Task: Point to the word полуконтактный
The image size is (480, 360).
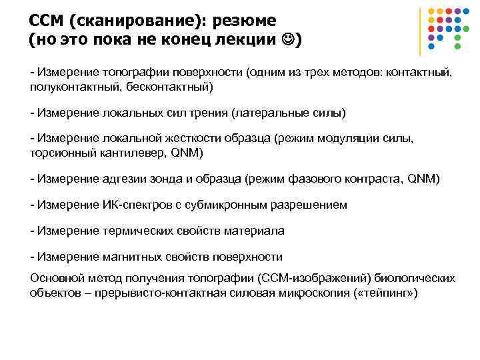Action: coord(69,87)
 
